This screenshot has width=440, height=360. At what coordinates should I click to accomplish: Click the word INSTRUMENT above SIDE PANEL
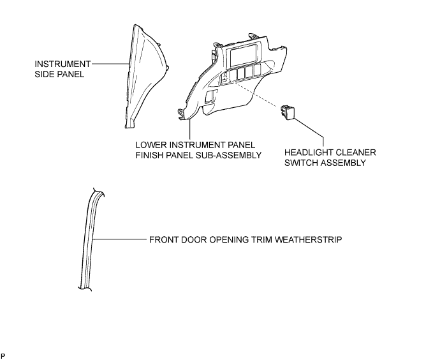(x=62, y=64)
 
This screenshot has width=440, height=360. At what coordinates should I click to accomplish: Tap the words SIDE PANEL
(x=59, y=75)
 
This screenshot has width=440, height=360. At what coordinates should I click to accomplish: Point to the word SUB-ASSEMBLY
(x=227, y=155)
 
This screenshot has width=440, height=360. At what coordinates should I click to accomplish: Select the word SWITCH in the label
(x=298, y=163)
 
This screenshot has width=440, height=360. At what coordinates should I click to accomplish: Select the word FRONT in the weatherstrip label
(x=164, y=240)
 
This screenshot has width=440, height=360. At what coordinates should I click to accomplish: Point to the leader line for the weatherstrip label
(x=120, y=239)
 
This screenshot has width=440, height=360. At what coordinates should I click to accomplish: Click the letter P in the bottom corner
(x=3, y=356)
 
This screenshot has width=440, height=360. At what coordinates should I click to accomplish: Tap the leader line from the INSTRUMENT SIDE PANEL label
(x=110, y=64)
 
